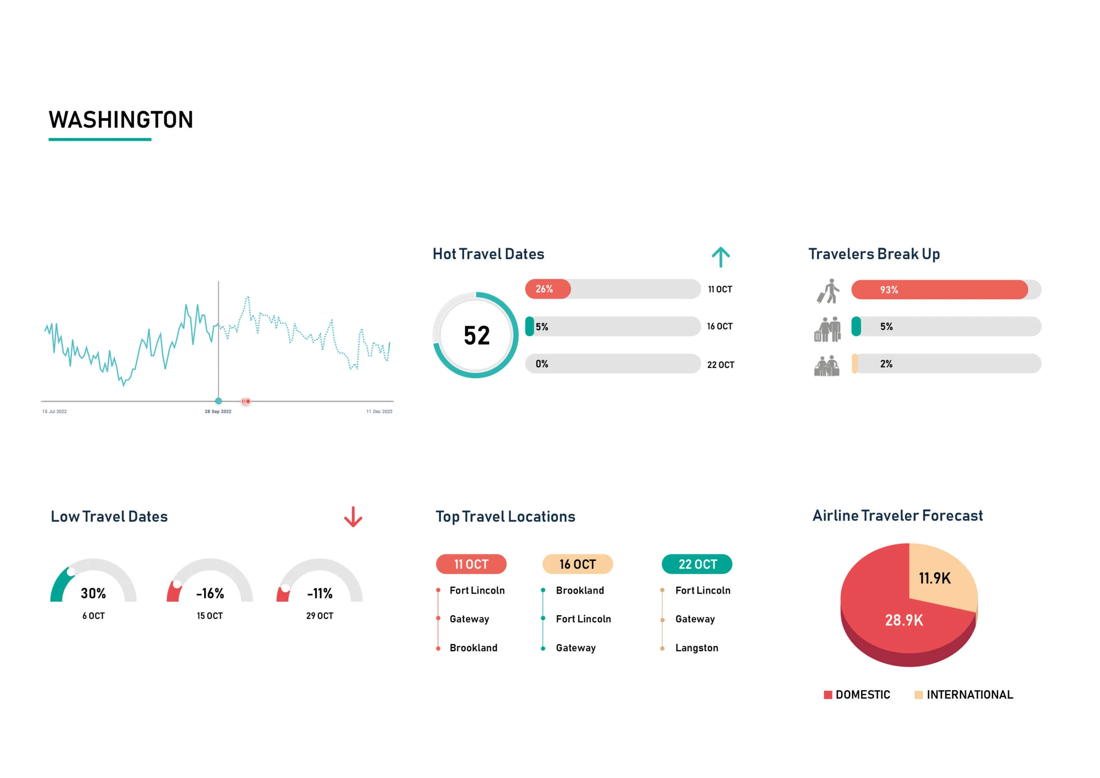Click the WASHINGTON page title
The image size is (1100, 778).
click(x=121, y=120)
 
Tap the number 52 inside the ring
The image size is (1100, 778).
click(x=476, y=336)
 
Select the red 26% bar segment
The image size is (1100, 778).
click(x=547, y=289)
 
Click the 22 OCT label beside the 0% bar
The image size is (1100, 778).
click(x=720, y=365)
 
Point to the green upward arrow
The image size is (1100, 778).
click(x=720, y=257)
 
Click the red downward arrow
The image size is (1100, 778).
click(x=353, y=517)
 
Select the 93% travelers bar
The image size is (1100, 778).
click(x=939, y=290)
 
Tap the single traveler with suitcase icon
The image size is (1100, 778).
click(x=828, y=291)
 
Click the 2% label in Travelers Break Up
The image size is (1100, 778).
click(x=886, y=364)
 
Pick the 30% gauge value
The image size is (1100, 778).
click(x=93, y=594)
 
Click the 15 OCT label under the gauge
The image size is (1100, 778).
click(x=209, y=616)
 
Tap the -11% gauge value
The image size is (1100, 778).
click(x=320, y=594)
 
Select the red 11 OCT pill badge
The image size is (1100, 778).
click(x=471, y=564)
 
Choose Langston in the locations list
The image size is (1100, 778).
click(x=696, y=648)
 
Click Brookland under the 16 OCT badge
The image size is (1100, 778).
click(x=580, y=591)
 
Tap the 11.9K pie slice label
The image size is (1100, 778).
click(x=934, y=578)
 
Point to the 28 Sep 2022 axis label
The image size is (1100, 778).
click(x=218, y=411)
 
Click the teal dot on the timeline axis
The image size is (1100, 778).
click(x=218, y=401)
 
